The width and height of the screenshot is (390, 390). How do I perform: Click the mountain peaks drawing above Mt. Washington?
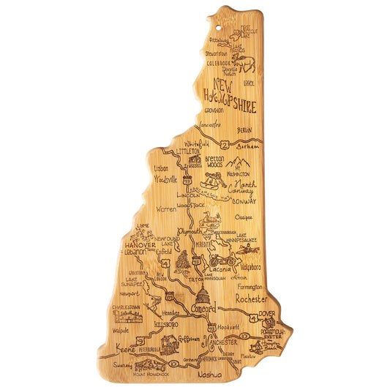(x=238, y=162)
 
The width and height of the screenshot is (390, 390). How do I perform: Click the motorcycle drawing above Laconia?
(x=222, y=259)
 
